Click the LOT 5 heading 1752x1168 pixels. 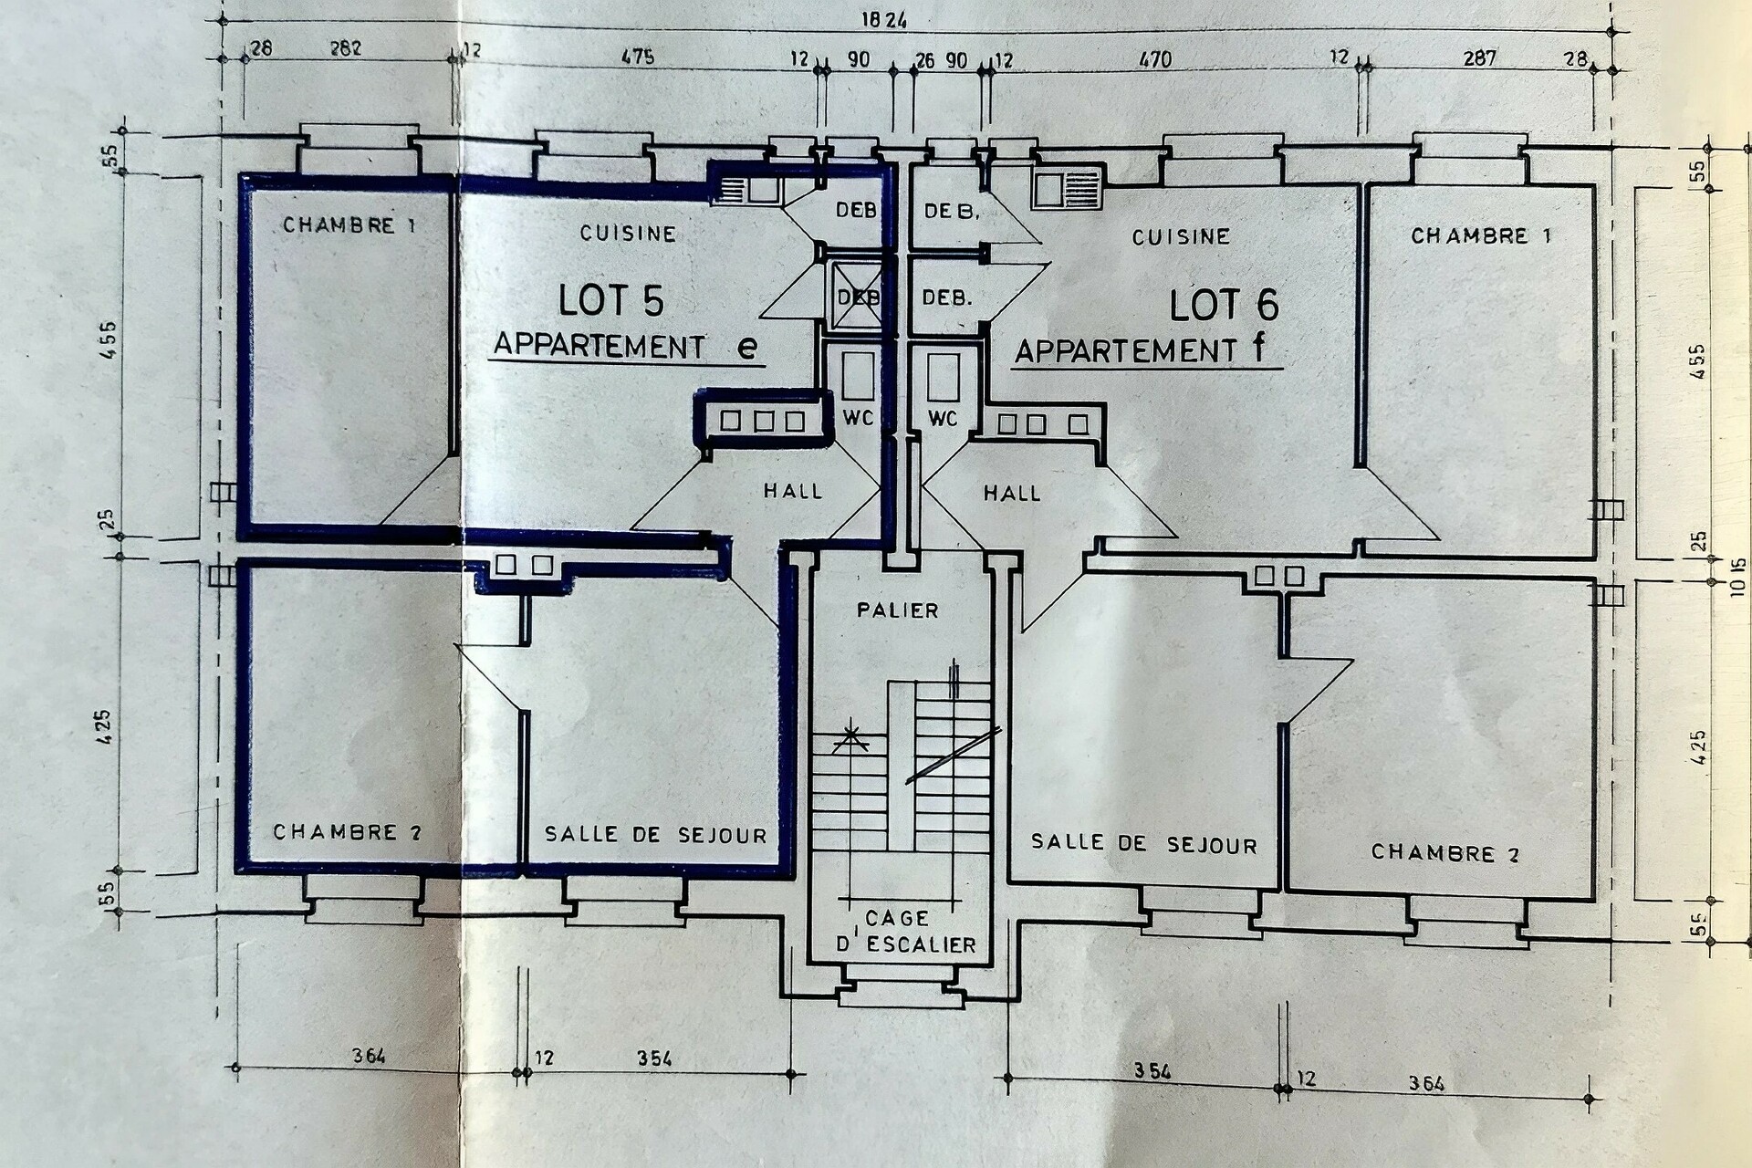pyautogui.click(x=611, y=299)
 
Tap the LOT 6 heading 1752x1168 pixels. pyautogui.click(x=1224, y=305)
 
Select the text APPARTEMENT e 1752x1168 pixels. pyautogui.click(x=625, y=347)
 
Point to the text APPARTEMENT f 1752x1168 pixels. pyautogui.click(x=1141, y=350)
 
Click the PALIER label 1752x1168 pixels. pyautogui.click(x=898, y=610)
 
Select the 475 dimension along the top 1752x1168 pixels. pyautogui.click(x=638, y=57)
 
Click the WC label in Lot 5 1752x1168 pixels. pyautogui.click(x=858, y=418)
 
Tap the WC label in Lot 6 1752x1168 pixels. pyautogui.click(x=943, y=418)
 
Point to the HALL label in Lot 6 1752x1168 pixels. pyautogui.click(x=1012, y=494)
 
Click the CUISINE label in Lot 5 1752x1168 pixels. pyautogui.click(x=628, y=234)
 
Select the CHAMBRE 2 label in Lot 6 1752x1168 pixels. pyautogui.click(x=1445, y=853)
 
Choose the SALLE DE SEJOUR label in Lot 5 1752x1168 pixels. pyautogui.click(x=655, y=834)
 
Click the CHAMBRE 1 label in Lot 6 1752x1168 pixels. pyautogui.click(x=1481, y=235)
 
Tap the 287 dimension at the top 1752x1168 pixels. pyautogui.click(x=1479, y=58)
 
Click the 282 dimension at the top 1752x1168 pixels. pyautogui.click(x=345, y=48)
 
